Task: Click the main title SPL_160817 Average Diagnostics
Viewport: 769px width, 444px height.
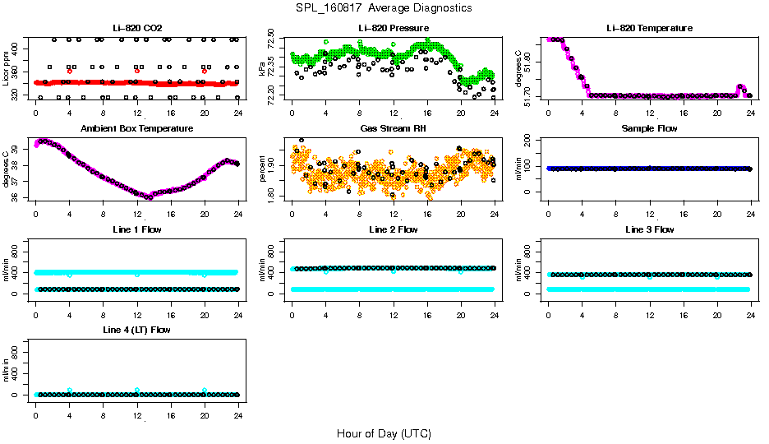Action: click(x=384, y=7)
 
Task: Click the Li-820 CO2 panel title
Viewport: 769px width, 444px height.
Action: click(x=136, y=28)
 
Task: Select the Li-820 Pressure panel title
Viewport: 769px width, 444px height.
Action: click(x=393, y=28)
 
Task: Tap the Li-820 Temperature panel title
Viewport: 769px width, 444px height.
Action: click(x=649, y=28)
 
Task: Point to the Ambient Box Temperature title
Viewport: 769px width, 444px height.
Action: click(x=136, y=129)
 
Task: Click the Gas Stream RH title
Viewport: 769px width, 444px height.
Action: click(x=393, y=129)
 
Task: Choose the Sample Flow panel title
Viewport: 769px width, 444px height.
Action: click(x=649, y=129)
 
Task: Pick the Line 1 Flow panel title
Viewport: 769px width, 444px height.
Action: click(x=136, y=229)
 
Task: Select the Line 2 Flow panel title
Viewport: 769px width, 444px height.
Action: click(x=393, y=229)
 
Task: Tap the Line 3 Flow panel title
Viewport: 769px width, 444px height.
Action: click(x=649, y=229)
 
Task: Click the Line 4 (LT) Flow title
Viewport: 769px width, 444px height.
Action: click(x=136, y=330)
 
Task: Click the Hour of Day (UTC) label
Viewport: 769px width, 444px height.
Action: click(x=384, y=433)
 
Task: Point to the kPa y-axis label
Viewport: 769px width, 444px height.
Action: click(x=262, y=68)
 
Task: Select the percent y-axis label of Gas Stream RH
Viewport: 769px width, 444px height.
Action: click(x=262, y=169)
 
